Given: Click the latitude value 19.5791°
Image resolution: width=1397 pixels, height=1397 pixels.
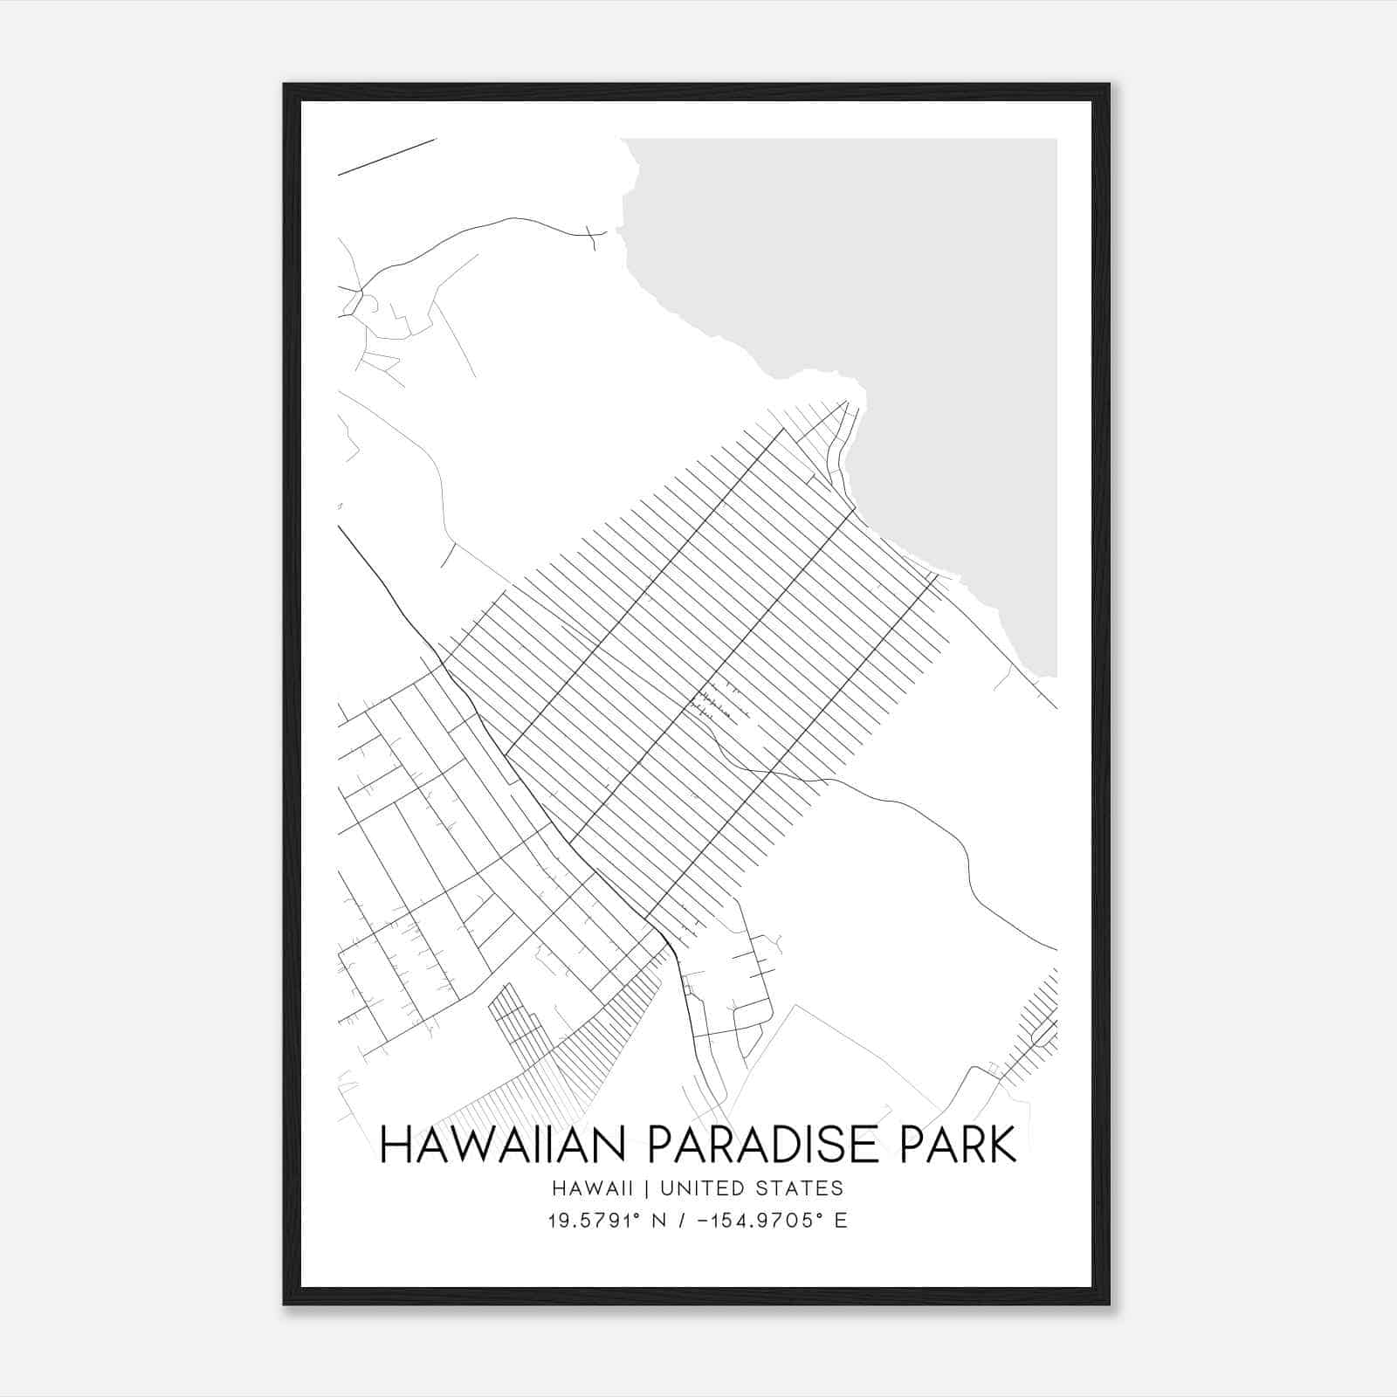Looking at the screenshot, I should pos(593,1221).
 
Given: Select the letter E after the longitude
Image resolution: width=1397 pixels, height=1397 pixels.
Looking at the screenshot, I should pos(841,1221).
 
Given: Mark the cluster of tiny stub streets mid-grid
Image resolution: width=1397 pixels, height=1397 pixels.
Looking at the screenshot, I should pos(716,703).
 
